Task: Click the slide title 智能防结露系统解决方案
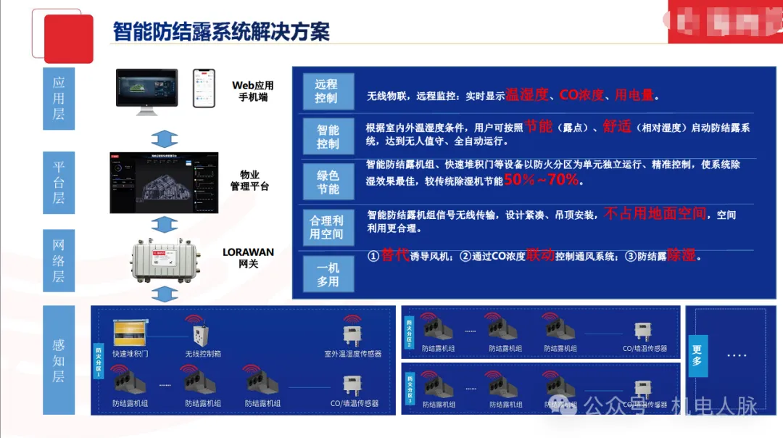[x=221, y=31]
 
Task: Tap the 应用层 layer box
[x=59, y=99]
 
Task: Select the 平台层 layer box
[x=59, y=182]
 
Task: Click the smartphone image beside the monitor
[x=204, y=89]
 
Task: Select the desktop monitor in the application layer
[x=146, y=91]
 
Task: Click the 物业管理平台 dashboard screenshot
[x=164, y=183]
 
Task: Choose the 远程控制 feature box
[x=326, y=92]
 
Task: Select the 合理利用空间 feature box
[x=326, y=227]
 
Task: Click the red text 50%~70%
[x=542, y=180]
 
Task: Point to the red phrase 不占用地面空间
[x=655, y=213]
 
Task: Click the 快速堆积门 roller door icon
[x=130, y=334]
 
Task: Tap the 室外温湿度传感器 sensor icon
[x=352, y=334]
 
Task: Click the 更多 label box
[x=697, y=355]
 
